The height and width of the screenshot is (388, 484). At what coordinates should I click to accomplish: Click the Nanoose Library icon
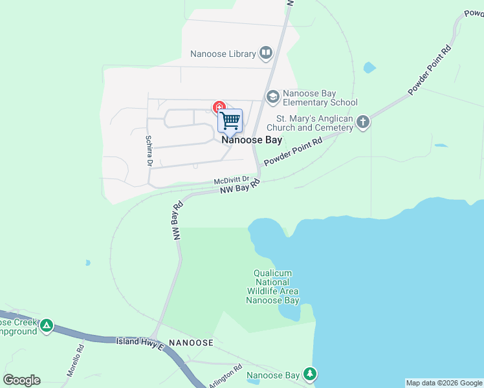(265, 53)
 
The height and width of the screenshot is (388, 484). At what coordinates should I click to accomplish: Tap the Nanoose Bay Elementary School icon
(272, 96)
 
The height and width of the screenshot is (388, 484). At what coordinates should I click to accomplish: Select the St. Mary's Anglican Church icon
(363, 122)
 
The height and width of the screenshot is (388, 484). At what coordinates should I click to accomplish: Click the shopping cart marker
(230, 121)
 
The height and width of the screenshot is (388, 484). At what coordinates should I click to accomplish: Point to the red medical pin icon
(219, 106)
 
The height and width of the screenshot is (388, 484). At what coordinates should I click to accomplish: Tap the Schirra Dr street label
(148, 150)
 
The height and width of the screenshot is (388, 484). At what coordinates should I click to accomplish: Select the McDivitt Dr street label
(232, 180)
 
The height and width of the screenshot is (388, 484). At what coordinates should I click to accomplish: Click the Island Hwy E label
(141, 342)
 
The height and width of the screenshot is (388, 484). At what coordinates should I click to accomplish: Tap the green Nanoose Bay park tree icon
(311, 374)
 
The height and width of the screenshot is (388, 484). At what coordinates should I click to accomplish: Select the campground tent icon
(47, 325)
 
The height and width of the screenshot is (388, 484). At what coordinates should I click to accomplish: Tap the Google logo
(21, 380)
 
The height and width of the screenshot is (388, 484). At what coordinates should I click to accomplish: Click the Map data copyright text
(444, 383)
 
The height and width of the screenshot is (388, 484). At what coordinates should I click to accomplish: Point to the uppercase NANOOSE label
(191, 341)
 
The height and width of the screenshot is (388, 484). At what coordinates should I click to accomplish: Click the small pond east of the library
(369, 67)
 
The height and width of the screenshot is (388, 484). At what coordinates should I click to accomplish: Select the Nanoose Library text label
(223, 54)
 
